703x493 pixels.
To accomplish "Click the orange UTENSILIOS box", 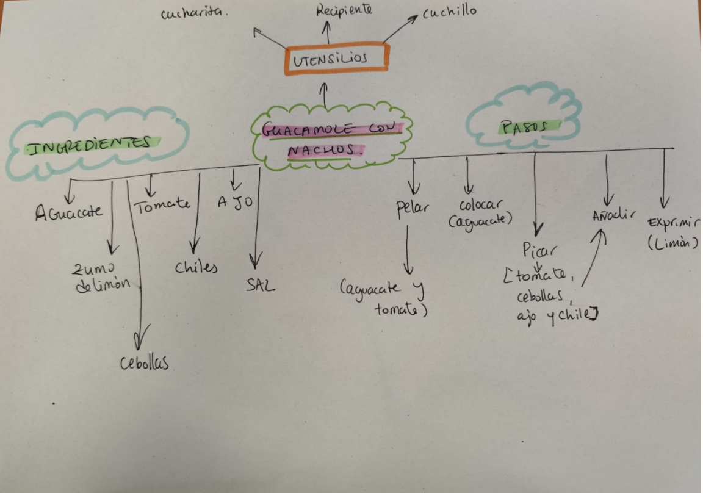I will (x=338, y=59).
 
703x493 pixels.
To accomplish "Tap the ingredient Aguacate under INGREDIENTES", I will (x=68, y=214).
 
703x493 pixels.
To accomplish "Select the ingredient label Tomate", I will (x=162, y=205).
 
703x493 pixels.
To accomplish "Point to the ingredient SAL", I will (x=261, y=285).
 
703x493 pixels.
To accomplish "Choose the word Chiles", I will (x=196, y=268).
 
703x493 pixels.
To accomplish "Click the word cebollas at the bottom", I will (x=145, y=364).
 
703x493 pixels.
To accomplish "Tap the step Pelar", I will (x=413, y=209).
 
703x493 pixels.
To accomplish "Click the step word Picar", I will (x=537, y=250).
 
